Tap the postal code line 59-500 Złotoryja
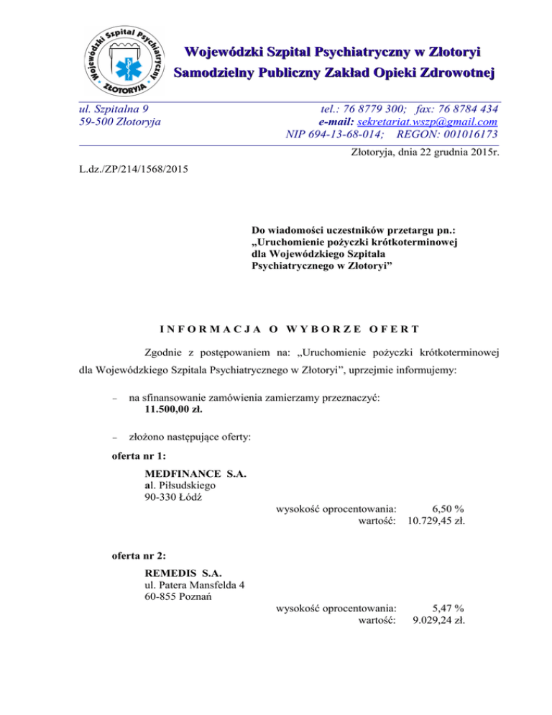click(119, 122)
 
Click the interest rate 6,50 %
click(444, 509)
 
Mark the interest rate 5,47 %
click(444, 609)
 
